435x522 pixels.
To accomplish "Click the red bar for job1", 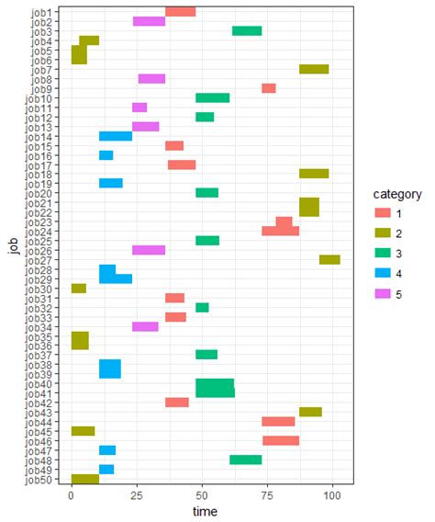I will (180, 12).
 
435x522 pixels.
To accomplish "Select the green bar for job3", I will (247, 31).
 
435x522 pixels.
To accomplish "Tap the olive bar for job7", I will (314, 69).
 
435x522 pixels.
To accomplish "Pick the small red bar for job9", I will (269, 88).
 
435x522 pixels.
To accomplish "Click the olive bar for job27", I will (329, 260).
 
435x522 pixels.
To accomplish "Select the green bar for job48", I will (245, 460).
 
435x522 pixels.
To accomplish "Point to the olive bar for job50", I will (85, 479).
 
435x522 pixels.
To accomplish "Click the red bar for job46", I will (281, 441).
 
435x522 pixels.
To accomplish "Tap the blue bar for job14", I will (116, 136).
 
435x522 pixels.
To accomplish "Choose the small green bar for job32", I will (202, 308).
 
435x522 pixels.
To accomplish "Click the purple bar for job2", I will (149, 21).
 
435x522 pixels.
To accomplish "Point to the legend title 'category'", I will (391, 195).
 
